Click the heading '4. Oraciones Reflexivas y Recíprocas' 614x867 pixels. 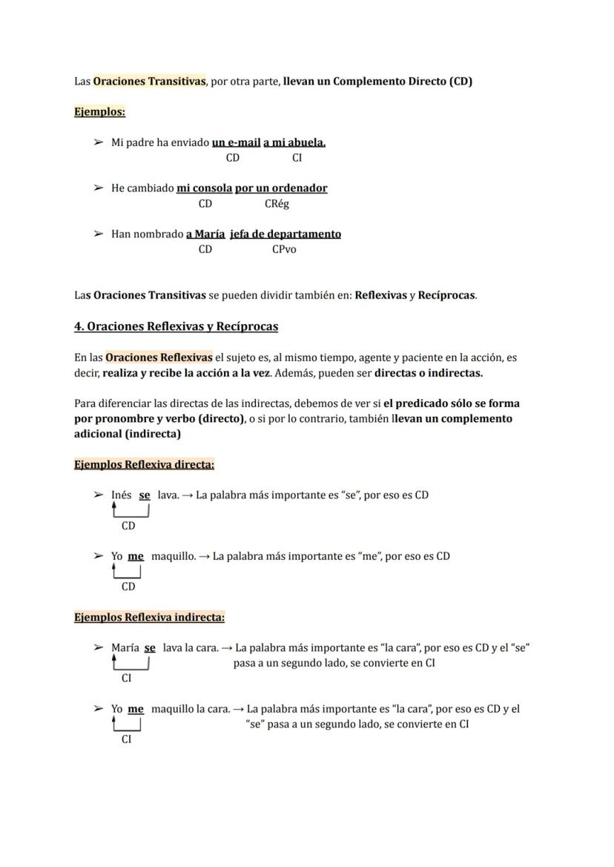pyautogui.click(x=176, y=326)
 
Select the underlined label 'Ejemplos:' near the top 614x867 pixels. pyautogui.click(x=99, y=112)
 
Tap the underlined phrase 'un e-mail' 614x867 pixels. pyautogui.click(x=236, y=142)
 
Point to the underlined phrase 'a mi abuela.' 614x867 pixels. pyautogui.click(x=294, y=142)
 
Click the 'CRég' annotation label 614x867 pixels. pyautogui.click(x=277, y=204)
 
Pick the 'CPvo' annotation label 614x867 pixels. pyautogui.click(x=284, y=250)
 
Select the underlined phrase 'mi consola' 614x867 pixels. pyautogui.click(x=204, y=188)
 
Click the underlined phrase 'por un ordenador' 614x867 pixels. pyautogui.click(x=281, y=188)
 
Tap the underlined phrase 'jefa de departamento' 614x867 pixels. pyautogui.click(x=285, y=234)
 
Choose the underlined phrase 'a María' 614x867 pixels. pyautogui.click(x=205, y=234)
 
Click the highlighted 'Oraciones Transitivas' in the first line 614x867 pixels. pyautogui.click(x=149, y=82)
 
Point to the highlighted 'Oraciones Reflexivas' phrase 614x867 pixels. pyautogui.click(x=159, y=357)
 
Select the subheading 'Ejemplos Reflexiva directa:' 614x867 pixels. pyautogui.click(x=144, y=465)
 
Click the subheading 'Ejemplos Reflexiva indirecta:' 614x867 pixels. pyautogui.click(x=149, y=617)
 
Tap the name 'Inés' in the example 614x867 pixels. pyautogui.click(x=122, y=495)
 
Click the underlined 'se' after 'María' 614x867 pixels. pyautogui.click(x=150, y=647)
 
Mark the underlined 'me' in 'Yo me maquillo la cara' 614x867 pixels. pyautogui.click(x=136, y=709)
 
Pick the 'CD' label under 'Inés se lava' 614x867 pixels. pyautogui.click(x=128, y=526)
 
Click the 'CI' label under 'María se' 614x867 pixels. pyautogui.click(x=127, y=678)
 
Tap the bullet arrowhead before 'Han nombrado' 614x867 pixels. pyautogui.click(x=98, y=234)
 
